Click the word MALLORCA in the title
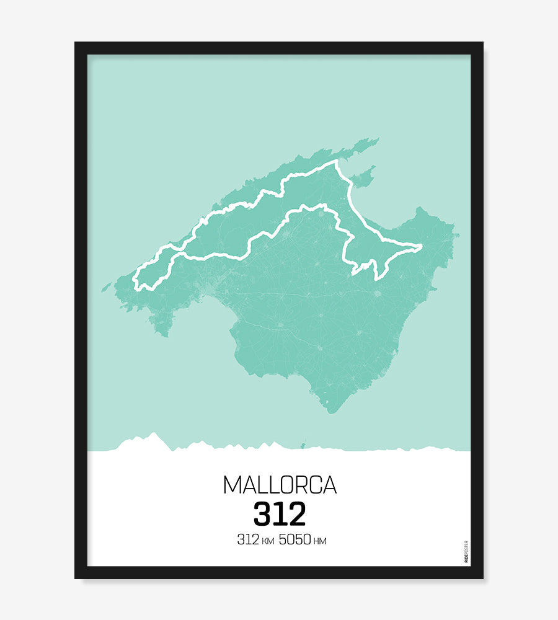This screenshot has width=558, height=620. [279, 485]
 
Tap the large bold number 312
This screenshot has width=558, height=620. [279, 514]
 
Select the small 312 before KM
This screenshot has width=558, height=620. [247, 539]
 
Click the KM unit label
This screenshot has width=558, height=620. [268, 541]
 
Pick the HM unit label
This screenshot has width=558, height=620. [320, 541]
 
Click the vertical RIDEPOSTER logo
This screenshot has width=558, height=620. [466, 552]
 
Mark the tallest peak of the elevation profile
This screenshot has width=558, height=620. [153, 433]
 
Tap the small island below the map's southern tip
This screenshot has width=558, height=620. [304, 443]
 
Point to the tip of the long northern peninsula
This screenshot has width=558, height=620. [377, 139]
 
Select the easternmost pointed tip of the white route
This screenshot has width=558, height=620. [422, 247]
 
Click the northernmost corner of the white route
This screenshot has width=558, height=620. [337, 162]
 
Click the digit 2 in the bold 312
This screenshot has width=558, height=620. [296, 514]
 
